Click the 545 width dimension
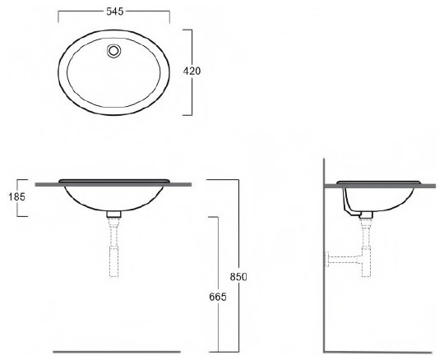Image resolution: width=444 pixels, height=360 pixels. pos(115,12)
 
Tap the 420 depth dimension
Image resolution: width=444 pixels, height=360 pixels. pos(192,71)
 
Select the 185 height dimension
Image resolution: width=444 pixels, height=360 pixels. pos(16,196)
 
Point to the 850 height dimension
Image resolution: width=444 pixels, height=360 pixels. pos(238,277)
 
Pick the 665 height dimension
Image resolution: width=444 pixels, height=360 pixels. pos(218,297)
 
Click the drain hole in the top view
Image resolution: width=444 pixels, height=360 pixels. pos(114,51)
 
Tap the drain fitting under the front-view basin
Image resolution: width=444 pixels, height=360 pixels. pos(113,215)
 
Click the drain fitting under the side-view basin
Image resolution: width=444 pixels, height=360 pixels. pos(366,215)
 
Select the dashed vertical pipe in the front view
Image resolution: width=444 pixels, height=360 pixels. pos(113,247)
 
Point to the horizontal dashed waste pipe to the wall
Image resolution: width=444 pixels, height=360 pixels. pos(345,260)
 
